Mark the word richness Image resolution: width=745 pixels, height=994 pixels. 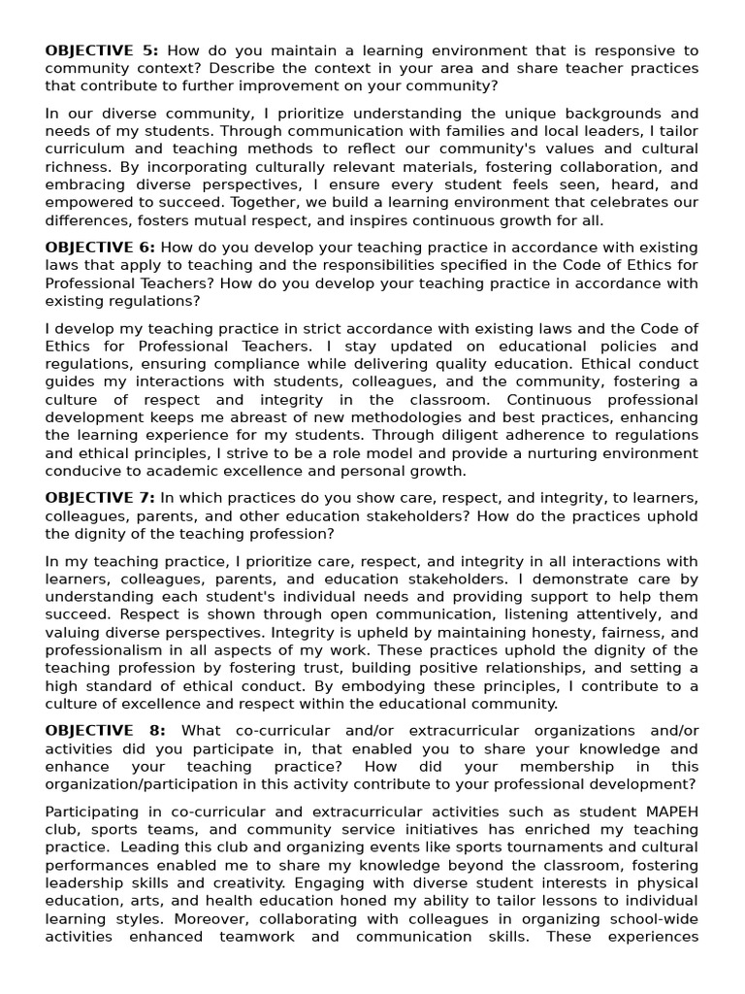tap(76, 167)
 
